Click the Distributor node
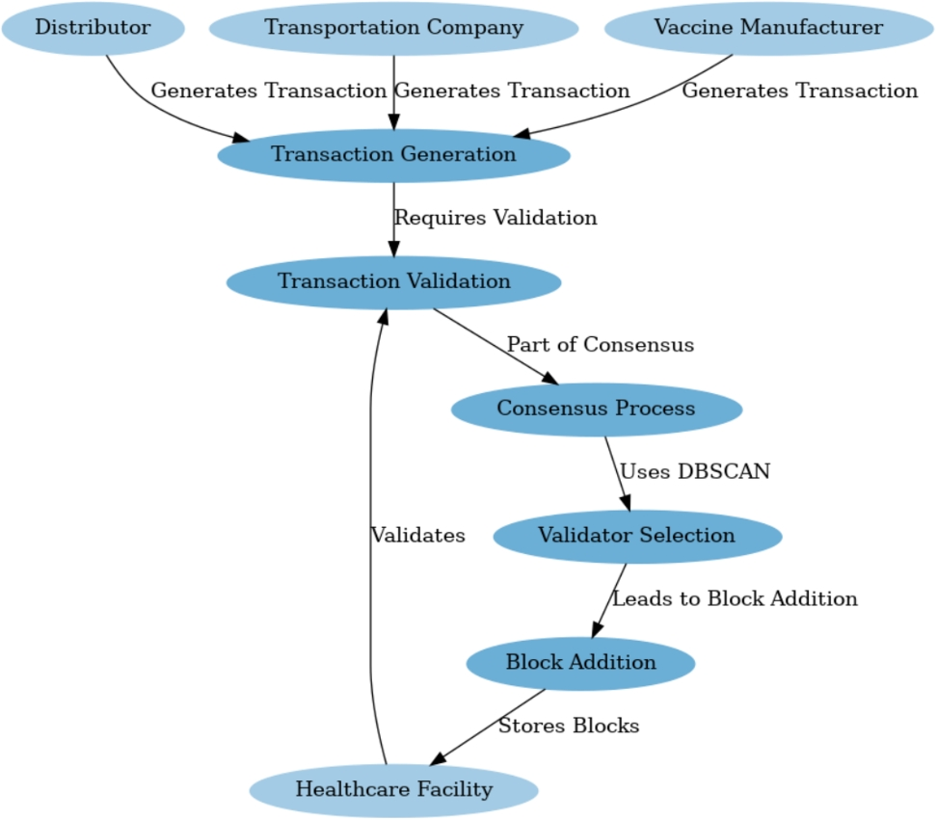tap(93, 28)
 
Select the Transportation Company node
tap(393, 28)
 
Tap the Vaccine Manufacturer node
tap(767, 28)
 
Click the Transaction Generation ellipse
tap(393, 155)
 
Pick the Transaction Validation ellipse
tap(393, 282)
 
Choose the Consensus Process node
tap(596, 409)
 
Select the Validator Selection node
tap(636, 536)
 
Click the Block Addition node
tap(580, 663)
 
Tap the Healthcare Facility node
tap(393, 790)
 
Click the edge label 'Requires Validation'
tap(495, 218)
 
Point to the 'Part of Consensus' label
tap(600, 345)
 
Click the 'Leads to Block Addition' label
tap(734, 599)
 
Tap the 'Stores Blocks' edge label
tap(568, 727)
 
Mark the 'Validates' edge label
tap(417, 536)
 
